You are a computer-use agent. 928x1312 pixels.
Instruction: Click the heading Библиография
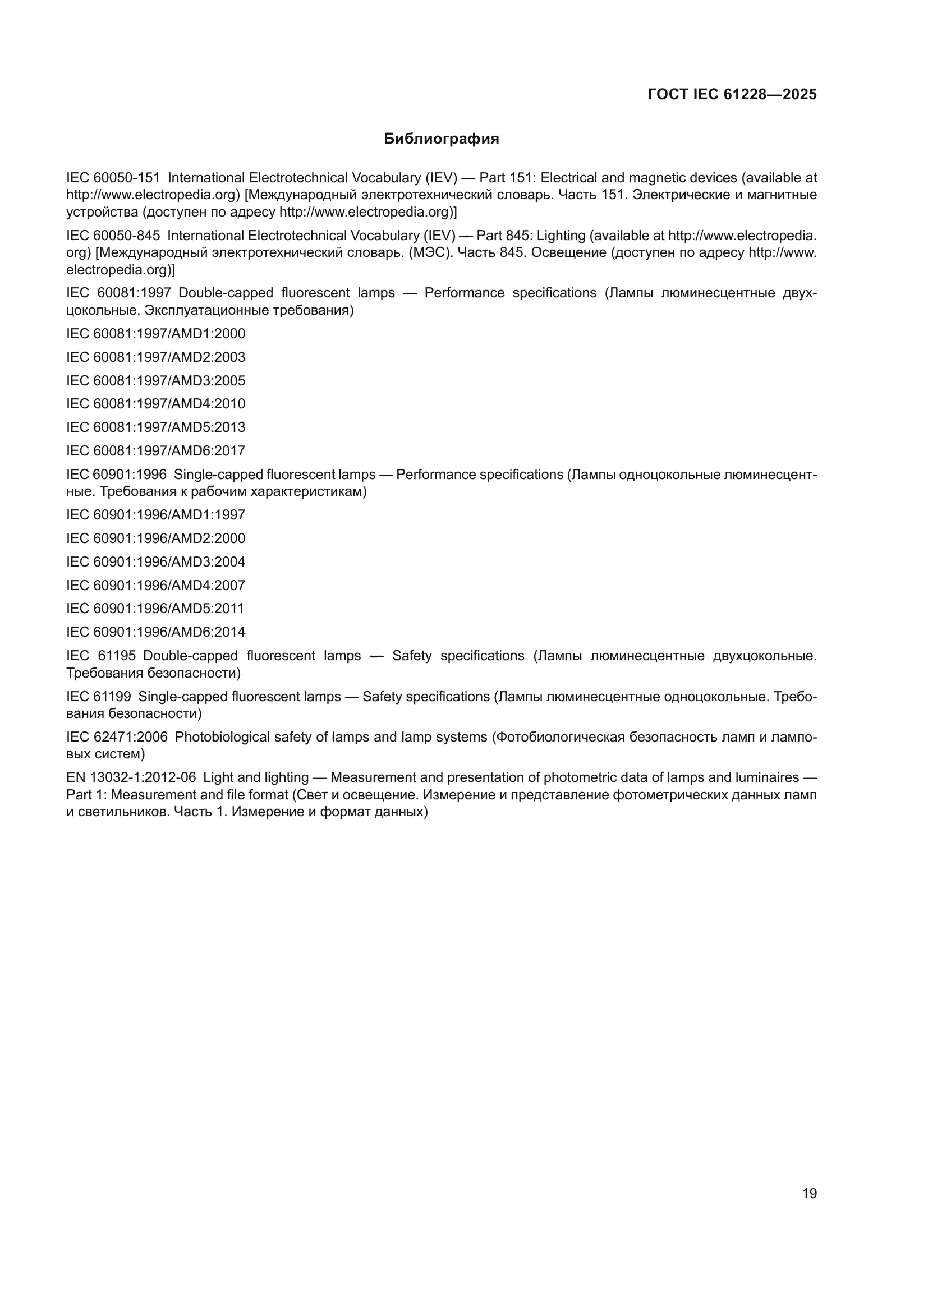(441, 139)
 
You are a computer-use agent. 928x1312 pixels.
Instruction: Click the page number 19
(809, 1193)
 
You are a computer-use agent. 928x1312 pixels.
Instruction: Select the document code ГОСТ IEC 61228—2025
(732, 95)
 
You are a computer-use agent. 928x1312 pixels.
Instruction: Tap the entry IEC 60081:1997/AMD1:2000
(155, 334)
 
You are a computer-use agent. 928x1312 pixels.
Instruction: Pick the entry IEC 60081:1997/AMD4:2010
(155, 404)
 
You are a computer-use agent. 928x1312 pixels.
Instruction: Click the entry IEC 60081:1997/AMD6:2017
(155, 451)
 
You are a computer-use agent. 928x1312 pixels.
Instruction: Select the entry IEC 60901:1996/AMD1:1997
(155, 515)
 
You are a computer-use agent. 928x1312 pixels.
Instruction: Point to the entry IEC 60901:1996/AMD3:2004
(155, 561)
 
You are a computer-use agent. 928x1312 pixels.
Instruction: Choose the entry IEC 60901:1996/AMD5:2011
(155, 609)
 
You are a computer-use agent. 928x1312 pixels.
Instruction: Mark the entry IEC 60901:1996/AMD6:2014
(155, 632)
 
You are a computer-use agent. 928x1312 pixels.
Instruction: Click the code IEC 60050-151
(113, 178)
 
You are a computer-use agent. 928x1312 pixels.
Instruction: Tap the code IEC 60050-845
(113, 236)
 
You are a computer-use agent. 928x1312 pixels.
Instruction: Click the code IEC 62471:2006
(117, 737)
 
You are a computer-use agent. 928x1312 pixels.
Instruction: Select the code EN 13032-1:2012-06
(131, 777)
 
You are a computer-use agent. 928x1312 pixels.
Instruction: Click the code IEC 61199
(99, 697)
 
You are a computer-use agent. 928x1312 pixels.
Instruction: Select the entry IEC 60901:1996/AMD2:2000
(155, 538)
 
